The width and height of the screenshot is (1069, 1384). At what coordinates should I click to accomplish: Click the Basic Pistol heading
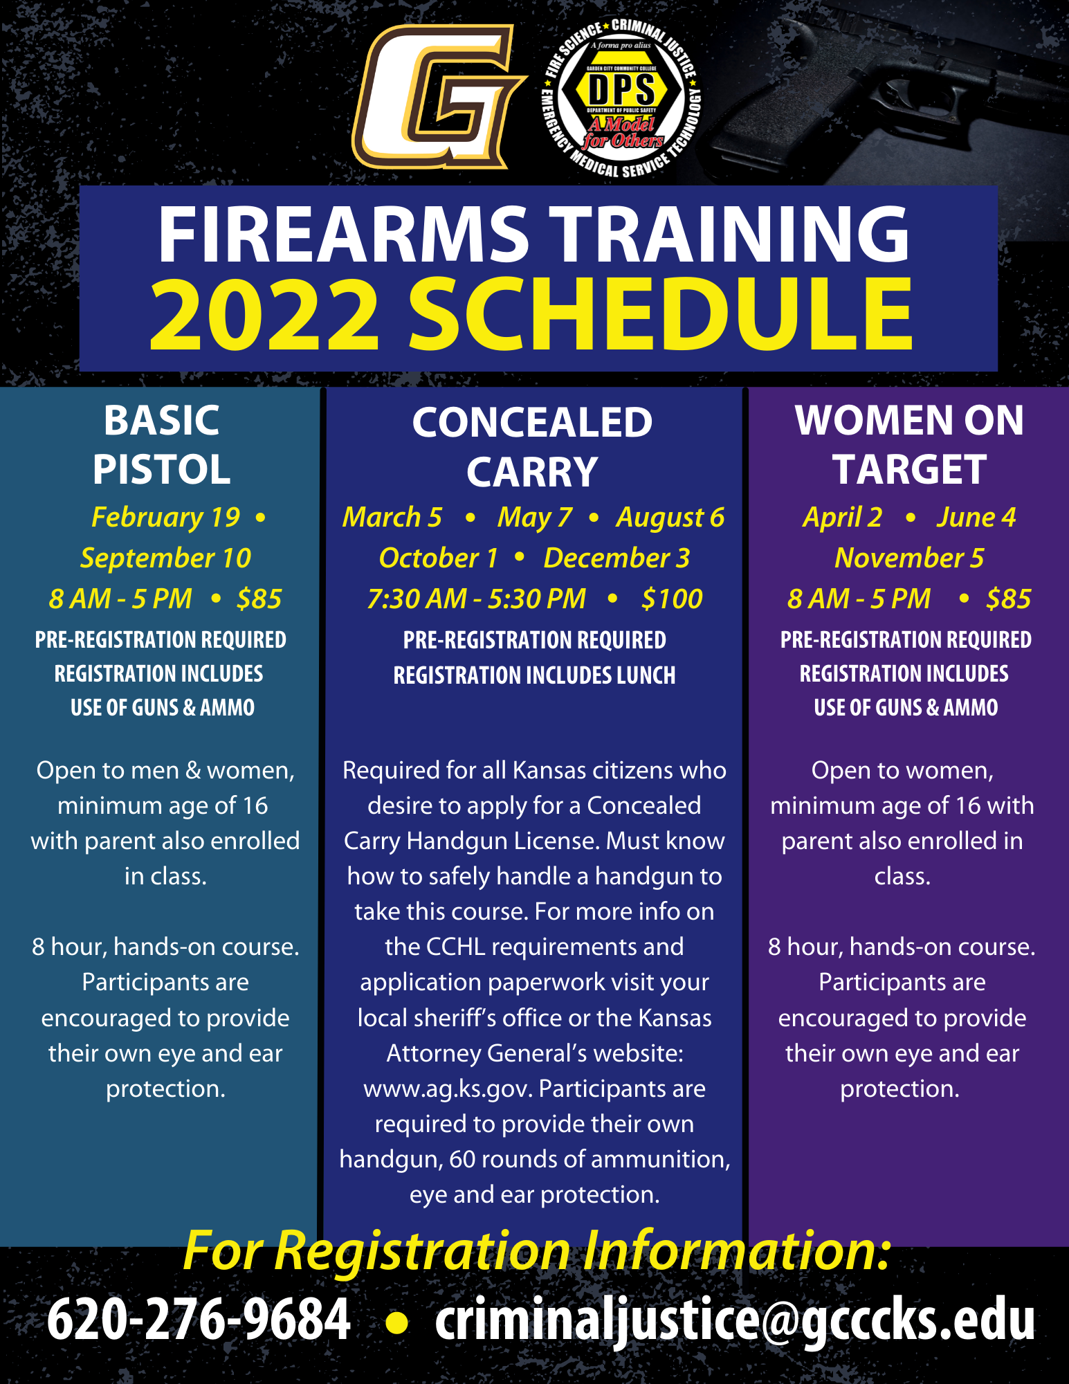coord(162,444)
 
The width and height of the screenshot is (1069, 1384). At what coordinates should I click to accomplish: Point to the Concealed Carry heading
coord(532,446)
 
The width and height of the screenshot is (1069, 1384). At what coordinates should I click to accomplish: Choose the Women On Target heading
coord(909,444)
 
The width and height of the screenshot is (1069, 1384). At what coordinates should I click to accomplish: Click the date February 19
coord(165,518)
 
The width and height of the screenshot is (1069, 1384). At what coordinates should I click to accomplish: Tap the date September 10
coord(165,558)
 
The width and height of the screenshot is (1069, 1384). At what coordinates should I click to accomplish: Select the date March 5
coord(392,517)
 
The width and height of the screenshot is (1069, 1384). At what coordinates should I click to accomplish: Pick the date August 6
coord(670,518)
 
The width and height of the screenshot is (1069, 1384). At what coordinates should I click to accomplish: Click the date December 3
coord(616,558)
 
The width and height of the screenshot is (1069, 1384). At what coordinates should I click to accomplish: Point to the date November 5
coord(909,558)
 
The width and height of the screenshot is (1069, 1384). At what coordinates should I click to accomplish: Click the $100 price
coord(672,599)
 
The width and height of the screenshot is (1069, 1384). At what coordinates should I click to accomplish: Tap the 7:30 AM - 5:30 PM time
coord(477,599)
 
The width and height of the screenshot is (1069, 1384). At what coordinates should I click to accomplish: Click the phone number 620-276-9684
coord(199,1319)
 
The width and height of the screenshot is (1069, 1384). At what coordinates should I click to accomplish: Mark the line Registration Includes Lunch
coord(534,675)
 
